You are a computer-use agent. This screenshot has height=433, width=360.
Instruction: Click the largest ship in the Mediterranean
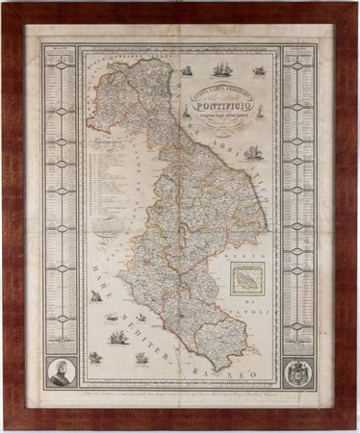pos(118,336)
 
